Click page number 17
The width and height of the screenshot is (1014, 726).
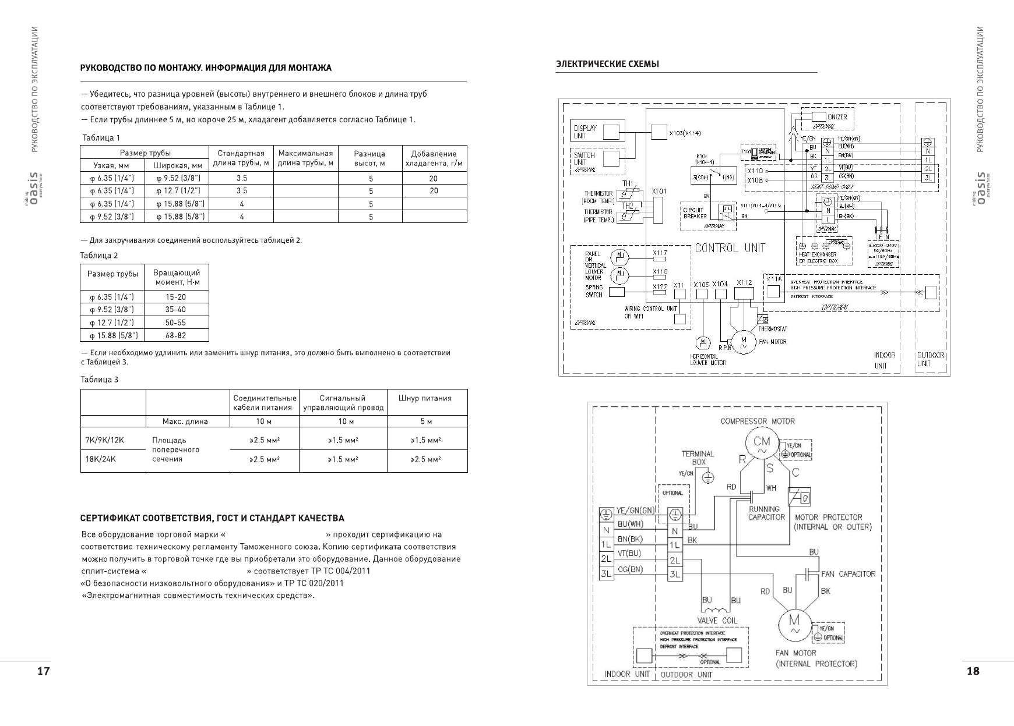tap(43, 671)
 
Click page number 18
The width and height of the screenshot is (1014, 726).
tap(973, 671)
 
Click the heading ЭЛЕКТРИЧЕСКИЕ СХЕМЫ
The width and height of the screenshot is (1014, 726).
tap(608, 64)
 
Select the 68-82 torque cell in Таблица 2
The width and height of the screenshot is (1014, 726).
tap(175, 335)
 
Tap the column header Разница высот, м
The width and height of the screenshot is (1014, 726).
tap(370, 158)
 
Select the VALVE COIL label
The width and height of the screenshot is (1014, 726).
tap(717, 621)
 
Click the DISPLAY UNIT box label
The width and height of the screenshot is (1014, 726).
tap(585, 132)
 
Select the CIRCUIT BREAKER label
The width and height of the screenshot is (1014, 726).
tap(695, 213)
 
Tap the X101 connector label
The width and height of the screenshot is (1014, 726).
tap(659, 191)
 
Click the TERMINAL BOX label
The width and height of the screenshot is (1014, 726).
tap(698, 458)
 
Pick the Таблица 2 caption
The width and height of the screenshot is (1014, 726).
tap(99, 256)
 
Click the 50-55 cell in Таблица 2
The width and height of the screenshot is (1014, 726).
tap(175, 323)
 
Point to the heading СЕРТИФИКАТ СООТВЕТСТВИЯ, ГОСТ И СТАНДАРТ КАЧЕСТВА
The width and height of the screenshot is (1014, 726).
tap(212, 518)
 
